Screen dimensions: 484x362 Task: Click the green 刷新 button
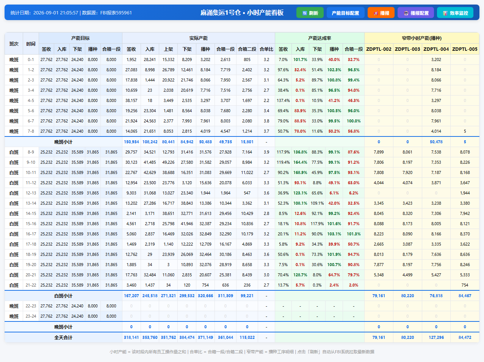(x=310, y=13)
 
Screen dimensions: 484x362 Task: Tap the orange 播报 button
(x=381, y=13)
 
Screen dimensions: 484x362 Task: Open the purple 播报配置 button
(x=416, y=13)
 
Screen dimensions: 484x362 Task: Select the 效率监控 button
(x=455, y=13)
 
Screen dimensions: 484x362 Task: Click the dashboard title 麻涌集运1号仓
(x=220, y=13)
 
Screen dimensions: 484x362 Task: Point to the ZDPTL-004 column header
(x=436, y=49)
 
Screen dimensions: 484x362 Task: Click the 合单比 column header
(x=266, y=49)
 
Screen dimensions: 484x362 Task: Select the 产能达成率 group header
(x=320, y=38)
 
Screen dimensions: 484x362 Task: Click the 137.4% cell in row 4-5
(x=283, y=100)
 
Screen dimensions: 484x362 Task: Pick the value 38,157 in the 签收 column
(x=131, y=100)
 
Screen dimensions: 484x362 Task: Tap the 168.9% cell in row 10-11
(x=300, y=172)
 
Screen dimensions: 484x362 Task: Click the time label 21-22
(x=31, y=285)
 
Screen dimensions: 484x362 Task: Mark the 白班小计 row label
(x=63, y=296)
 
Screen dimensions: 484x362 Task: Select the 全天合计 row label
(x=63, y=337)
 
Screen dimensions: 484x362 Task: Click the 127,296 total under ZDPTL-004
(x=436, y=337)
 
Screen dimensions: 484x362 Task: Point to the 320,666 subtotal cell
(x=205, y=296)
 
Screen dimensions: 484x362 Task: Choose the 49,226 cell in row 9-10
(x=168, y=163)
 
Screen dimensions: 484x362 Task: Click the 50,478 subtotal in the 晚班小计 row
(x=436, y=142)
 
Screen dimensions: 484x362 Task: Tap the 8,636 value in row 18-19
(x=465, y=254)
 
